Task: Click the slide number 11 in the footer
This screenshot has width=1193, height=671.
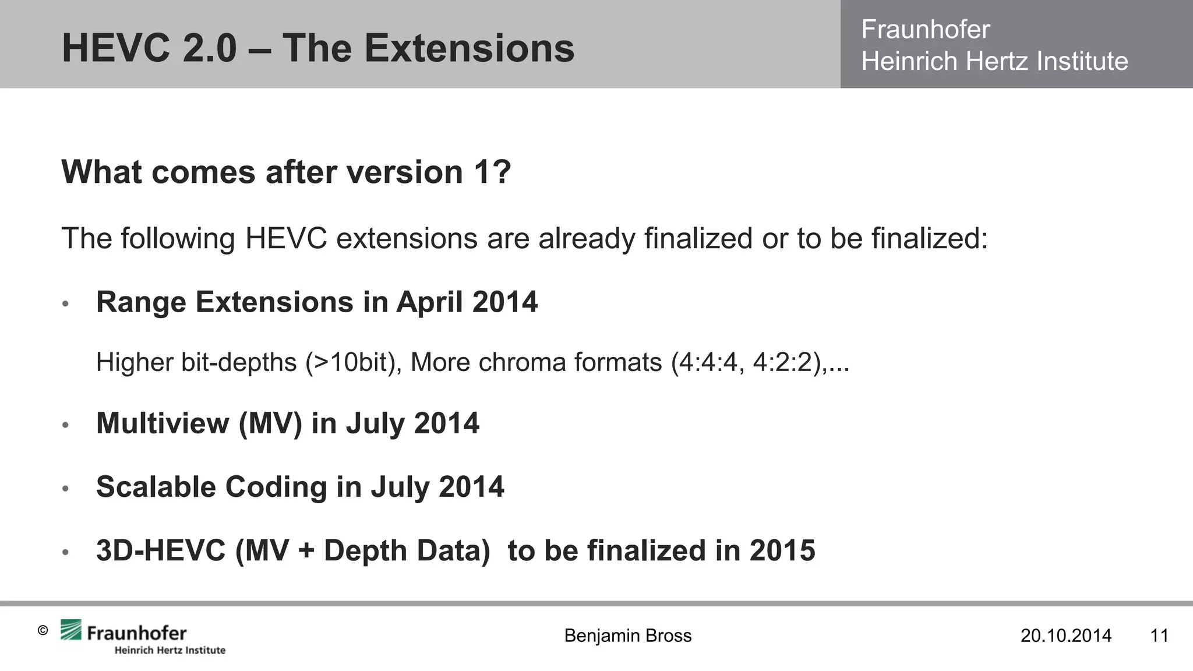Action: click(1159, 635)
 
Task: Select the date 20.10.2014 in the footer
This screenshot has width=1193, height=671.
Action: click(1065, 635)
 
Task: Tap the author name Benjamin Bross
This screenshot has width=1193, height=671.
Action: click(627, 635)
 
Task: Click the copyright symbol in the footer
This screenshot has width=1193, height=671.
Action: click(43, 630)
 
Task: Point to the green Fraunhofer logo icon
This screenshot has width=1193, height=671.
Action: click(71, 630)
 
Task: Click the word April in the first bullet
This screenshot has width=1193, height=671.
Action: click(430, 302)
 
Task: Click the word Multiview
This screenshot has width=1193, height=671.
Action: click(163, 423)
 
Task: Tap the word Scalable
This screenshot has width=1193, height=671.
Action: click(156, 487)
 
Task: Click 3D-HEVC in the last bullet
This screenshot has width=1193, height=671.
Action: click(161, 550)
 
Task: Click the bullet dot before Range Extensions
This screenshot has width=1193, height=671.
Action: click(66, 304)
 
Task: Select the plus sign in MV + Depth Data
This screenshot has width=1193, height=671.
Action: click(306, 551)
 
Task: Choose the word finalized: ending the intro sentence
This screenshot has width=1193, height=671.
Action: click(930, 238)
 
